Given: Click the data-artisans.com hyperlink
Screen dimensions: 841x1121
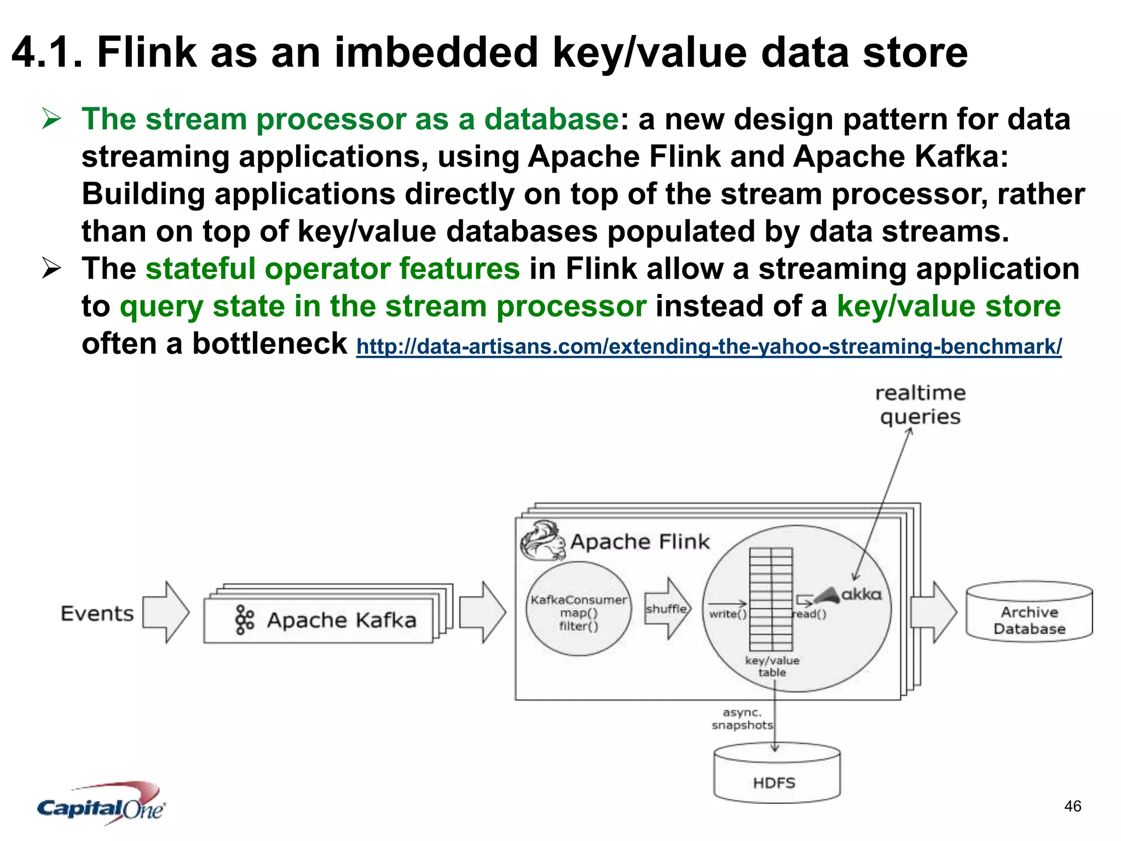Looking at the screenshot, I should click(709, 347).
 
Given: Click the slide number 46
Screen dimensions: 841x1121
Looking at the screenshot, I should click(1072, 806).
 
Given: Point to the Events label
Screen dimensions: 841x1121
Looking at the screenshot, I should click(97, 614).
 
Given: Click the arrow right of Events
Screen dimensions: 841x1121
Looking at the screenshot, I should click(166, 613).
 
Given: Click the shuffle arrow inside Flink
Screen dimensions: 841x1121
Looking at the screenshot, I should click(667, 609).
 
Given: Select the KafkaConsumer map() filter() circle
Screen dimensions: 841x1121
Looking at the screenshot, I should click(579, 610).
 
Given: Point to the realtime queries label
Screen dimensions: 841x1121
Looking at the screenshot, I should click(920, 405).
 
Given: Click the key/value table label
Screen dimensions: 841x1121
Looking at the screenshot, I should click(772, 666).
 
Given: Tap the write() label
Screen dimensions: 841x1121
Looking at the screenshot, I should click(727, 614).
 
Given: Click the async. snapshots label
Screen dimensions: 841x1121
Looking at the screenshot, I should click(742, 719).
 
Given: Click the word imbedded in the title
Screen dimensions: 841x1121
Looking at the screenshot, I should click(436, 53).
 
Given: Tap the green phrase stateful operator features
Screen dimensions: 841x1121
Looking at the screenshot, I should click(332, 269).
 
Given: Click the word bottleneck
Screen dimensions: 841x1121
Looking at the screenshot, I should click(269, 344).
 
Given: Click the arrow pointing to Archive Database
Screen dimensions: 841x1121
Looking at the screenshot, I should click(934, 612).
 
